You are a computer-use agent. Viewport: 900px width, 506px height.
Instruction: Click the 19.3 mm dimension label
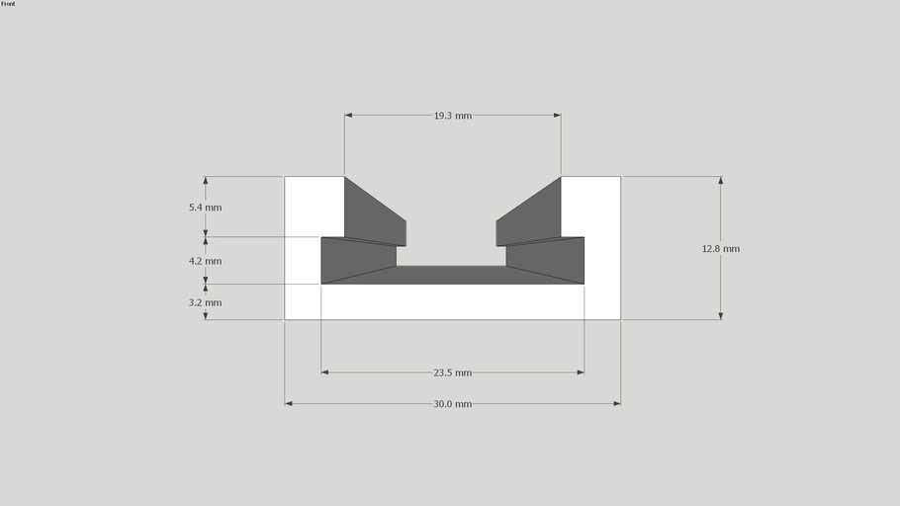[x=453, y=116]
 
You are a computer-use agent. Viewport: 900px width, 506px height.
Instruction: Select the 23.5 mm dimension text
[x=453, y=373]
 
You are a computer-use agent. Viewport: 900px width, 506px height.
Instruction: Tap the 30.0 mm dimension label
[x=453, y=403]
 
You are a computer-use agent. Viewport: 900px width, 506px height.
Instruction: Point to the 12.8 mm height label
[x=721, y=249]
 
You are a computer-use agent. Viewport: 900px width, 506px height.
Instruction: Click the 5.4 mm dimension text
[x=206, y=208]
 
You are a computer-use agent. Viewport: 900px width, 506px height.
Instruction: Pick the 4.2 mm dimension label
[x=206, y=261]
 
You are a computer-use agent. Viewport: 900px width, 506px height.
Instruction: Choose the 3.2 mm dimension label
[x=206, y=302]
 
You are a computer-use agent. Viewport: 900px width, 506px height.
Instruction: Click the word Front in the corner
[x=8, y=4]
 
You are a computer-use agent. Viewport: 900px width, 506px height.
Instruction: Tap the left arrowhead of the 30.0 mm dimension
[x=288, y=403]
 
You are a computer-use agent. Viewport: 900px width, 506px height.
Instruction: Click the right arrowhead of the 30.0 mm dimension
[x=617, y=403]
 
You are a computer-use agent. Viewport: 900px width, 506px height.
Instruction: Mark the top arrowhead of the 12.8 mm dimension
[x=720, y=180]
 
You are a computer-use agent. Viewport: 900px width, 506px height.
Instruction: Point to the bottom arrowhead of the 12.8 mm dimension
[x=720, y=316]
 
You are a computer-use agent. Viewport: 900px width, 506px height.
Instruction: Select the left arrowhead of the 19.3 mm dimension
[x=348, y=116]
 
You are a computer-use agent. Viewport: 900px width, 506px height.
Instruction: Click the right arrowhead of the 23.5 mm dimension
[x=581, y=373]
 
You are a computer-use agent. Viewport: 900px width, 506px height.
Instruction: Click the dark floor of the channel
[x=452, y=275]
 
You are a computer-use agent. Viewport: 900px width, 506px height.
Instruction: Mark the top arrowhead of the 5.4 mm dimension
[x=206, y=180]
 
